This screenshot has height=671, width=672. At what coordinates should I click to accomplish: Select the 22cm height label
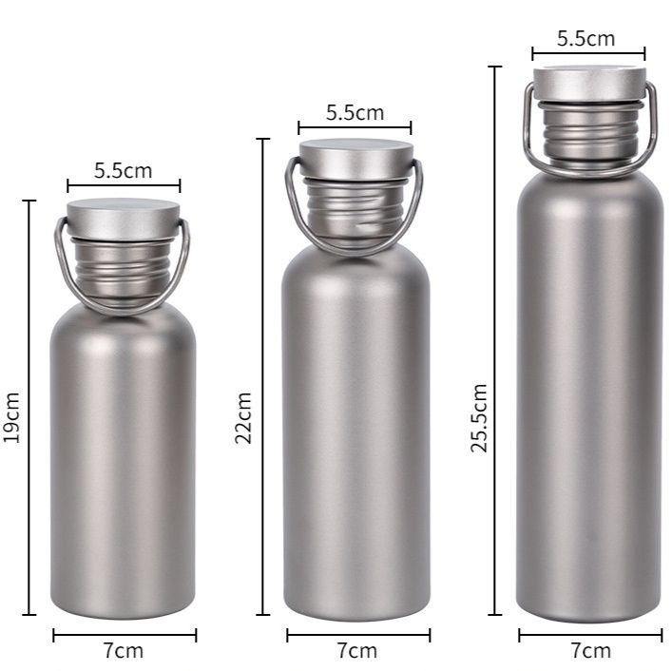click(x=243, y=418)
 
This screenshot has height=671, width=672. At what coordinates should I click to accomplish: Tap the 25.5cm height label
click(x=479, y=418)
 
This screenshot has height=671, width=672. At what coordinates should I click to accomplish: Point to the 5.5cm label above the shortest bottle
click(x=123, y=170)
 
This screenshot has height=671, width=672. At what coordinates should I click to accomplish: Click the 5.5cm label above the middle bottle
click(x=355, y=113)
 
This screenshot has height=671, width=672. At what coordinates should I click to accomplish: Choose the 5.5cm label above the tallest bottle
click(x=586, y=39)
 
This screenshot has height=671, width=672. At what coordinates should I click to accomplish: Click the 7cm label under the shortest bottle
click(x=123, y=651)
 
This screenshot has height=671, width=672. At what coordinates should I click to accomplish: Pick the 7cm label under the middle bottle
click(x=357, y=651)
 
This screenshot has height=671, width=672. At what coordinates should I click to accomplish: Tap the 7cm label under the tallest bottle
click(x=590, y=651)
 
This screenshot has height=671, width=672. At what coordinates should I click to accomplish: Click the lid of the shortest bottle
click(x=123, y=219)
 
